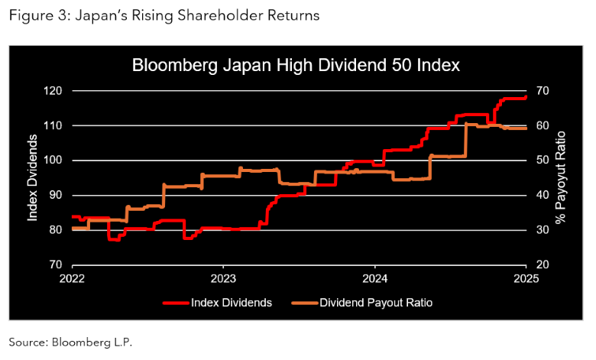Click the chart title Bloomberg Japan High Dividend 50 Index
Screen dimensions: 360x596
click(296, 65)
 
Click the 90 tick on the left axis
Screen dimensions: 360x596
click(55, 195)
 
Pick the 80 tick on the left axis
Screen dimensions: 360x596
click(55, 230)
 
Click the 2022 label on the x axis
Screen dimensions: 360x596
click(72, 278)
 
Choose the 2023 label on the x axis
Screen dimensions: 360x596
click(223, 278)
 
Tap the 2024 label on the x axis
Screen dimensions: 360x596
click(375, 278)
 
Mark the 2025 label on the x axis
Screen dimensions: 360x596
click(526, 278)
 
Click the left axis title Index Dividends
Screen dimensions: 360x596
click(33, 177)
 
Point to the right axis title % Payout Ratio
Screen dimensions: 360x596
click(561, 177)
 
